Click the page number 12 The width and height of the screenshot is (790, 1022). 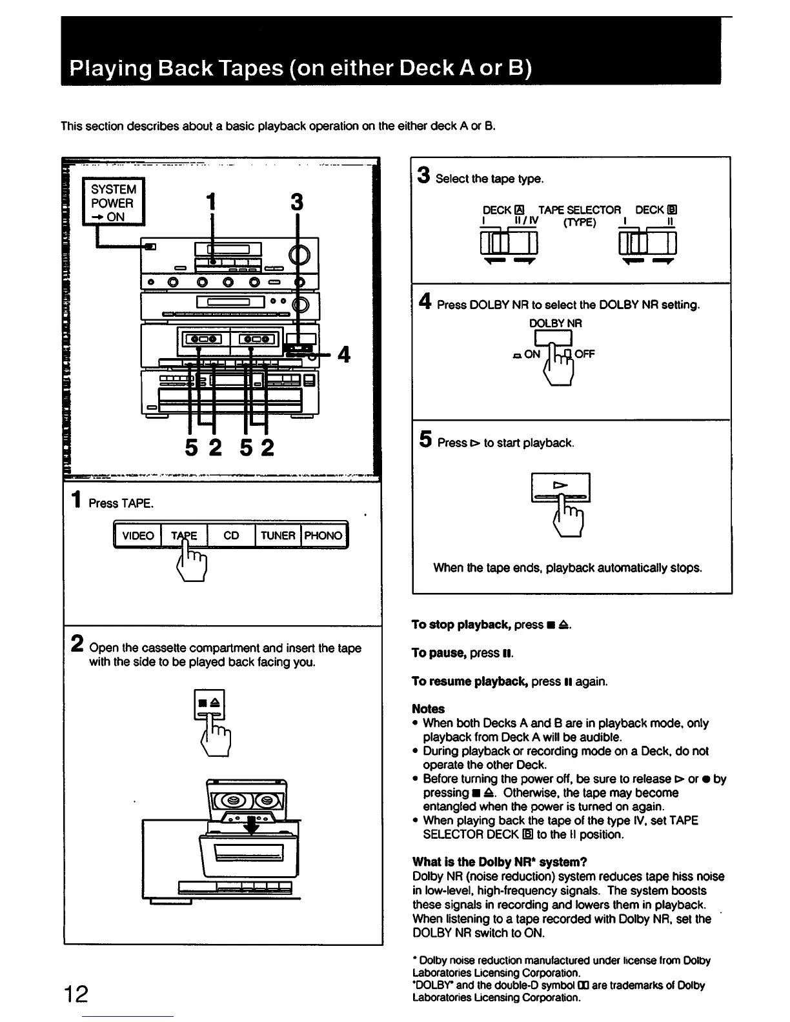click(76, 994)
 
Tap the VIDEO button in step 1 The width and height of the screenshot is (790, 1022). click(138, 536)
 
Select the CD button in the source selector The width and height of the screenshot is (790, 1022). click(231, 536)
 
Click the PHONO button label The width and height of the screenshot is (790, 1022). click(323, 536)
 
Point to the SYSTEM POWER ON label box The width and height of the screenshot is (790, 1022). click(114, 203)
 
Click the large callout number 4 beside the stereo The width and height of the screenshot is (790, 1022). click(344, 354)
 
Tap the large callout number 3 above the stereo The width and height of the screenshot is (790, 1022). click(296, 202)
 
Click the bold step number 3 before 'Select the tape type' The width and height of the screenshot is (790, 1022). click(423, 175)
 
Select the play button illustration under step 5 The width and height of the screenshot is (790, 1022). click(560, 487)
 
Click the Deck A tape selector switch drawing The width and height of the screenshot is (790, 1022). click(509, 244)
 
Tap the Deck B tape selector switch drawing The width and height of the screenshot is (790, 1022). click(647, 244)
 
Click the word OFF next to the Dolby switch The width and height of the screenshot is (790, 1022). click(585, 354)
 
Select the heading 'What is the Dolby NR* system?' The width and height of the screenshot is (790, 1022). click(499, 862)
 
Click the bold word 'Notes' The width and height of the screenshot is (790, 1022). click(428, 708)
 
